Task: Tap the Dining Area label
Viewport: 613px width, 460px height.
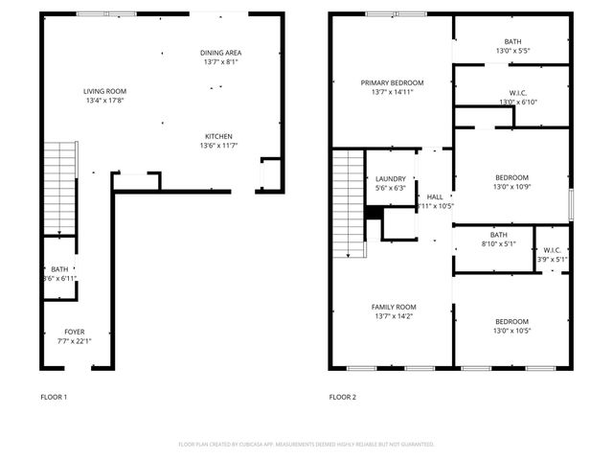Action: point(219,53)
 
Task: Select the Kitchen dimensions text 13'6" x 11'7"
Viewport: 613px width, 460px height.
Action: point(218,146)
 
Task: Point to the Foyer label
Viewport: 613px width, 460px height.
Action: point(74,332)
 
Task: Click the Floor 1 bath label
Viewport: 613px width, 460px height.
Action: point(59,269)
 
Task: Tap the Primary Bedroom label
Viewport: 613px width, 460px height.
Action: point(392,82)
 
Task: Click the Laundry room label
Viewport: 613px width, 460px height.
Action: point(391,178)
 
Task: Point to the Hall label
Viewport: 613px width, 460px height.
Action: point(436,196)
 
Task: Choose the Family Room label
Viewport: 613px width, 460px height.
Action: point(394,307)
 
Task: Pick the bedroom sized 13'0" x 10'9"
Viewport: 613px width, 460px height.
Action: point(511,177)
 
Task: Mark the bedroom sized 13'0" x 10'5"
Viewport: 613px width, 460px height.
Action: point(511,322)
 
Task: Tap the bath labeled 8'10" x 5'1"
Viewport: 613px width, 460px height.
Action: point(498,235)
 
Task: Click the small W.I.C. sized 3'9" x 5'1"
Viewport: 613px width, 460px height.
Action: point(552,250)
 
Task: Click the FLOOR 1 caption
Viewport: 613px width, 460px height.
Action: point(54,397)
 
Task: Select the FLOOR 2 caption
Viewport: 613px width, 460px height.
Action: point(342,397)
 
